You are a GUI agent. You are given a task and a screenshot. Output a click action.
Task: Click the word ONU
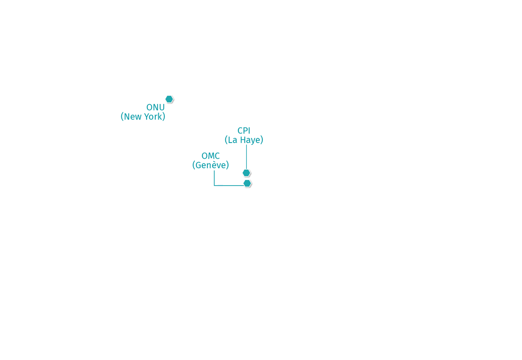coord(155,107)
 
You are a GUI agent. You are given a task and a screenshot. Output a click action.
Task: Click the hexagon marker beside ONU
coord(169,99)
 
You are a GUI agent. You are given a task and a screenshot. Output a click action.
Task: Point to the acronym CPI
coord(244,130)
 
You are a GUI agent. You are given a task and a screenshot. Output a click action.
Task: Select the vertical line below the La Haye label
coord(247,157)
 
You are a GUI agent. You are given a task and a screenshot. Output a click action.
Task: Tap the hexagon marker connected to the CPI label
coord(246,173)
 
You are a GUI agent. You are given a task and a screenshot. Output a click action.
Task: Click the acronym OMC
coord(211,156)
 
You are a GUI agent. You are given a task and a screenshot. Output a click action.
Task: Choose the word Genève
coord(211,165)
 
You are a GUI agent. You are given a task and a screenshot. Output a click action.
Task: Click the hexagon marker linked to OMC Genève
coord(247,183)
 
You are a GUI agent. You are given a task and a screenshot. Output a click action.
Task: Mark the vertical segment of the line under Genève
coord(214,178)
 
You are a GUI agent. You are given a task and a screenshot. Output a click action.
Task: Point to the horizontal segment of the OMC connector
coord(229,186)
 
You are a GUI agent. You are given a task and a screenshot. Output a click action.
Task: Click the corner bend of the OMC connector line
coord(214,186)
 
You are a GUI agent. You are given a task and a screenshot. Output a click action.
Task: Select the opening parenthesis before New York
coord(122,117)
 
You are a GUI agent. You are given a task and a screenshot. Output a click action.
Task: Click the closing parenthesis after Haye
coord(262,140)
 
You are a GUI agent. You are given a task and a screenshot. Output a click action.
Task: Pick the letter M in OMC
coord(211,156)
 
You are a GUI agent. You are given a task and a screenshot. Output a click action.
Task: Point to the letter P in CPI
coord(245,130)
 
